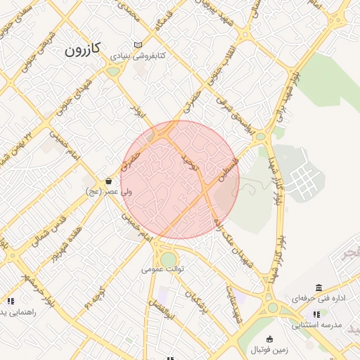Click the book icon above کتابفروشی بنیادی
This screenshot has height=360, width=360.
[x=138, y=45]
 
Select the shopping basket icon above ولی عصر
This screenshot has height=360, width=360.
[x=108, y=181]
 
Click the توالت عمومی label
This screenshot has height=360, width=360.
[x=162, y=269]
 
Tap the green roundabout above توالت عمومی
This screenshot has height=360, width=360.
[x=168, y=259]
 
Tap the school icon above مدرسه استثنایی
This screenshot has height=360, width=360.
[x=316, y=314]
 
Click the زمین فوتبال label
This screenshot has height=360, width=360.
[x=269, y=349]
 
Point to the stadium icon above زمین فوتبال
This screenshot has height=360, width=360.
[x=269, y=339]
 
